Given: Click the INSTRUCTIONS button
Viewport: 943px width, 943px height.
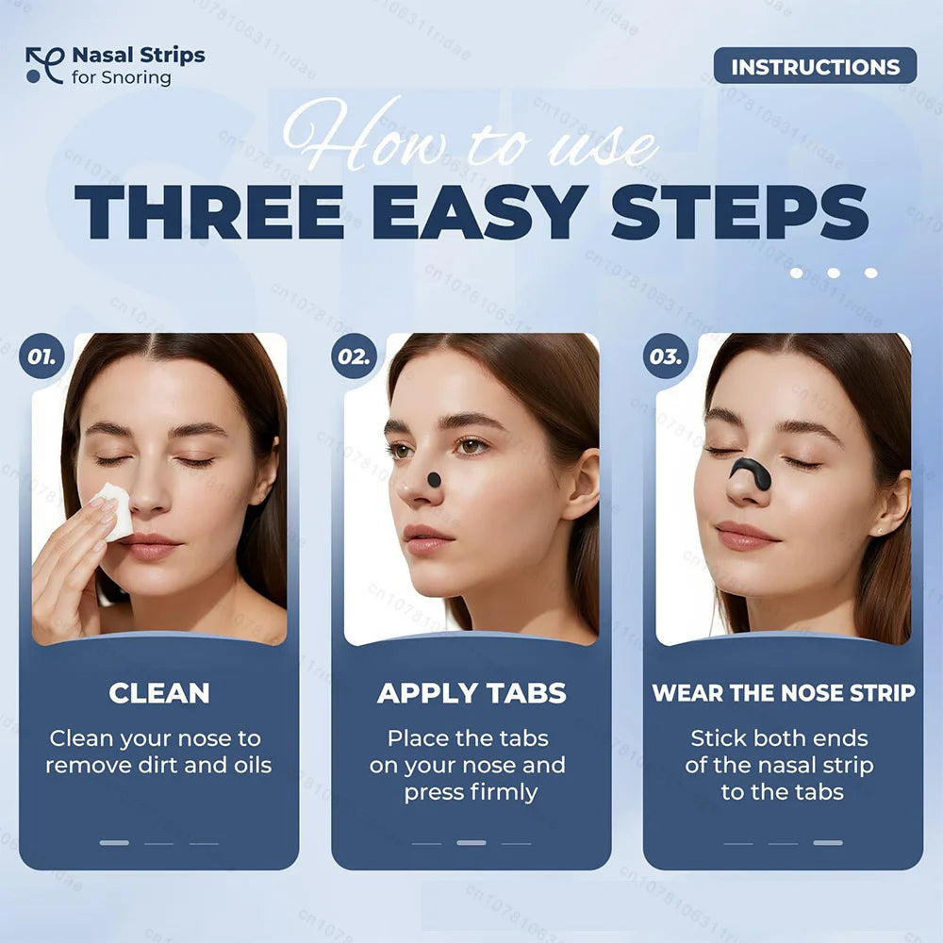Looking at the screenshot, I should [815, 67].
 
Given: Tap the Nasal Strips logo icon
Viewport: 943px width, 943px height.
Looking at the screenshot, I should [43, 65].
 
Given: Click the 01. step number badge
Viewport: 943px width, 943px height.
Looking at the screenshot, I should [41, 356].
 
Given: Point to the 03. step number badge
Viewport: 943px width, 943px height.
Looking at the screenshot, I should [665, 356].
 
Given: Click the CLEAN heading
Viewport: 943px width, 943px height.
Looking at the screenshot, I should [158, 693].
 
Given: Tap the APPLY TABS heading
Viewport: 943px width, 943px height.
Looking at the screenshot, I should [471, 693].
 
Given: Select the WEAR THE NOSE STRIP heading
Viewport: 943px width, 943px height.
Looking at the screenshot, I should [783, 693].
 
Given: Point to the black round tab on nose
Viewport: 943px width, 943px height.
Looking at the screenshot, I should [434, 479].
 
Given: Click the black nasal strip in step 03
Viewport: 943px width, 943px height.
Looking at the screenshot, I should [751, 471].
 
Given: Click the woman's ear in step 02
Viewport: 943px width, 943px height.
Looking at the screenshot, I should [583, 485].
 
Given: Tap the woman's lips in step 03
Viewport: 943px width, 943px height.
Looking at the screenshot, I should [744, 536].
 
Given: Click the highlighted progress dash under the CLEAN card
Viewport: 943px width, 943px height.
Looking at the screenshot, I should [114, 842].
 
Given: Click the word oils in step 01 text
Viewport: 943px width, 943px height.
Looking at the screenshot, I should [246, 765].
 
